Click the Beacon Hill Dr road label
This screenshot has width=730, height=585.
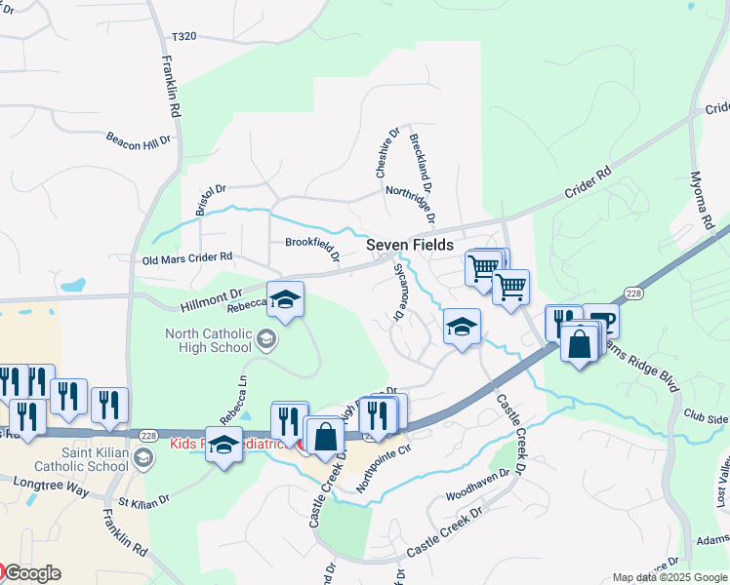click(x=138, y=136)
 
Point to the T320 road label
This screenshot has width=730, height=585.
click(x=183, y=36)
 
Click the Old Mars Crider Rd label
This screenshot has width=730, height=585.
click(x=187, y=258)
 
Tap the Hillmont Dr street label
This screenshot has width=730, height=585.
click(x=210, y=300)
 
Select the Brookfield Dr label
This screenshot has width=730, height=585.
click(x=312, y=248)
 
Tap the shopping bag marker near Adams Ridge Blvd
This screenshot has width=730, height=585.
click(x=580, y=344)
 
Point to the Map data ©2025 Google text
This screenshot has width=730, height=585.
click(x=669, y=577)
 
